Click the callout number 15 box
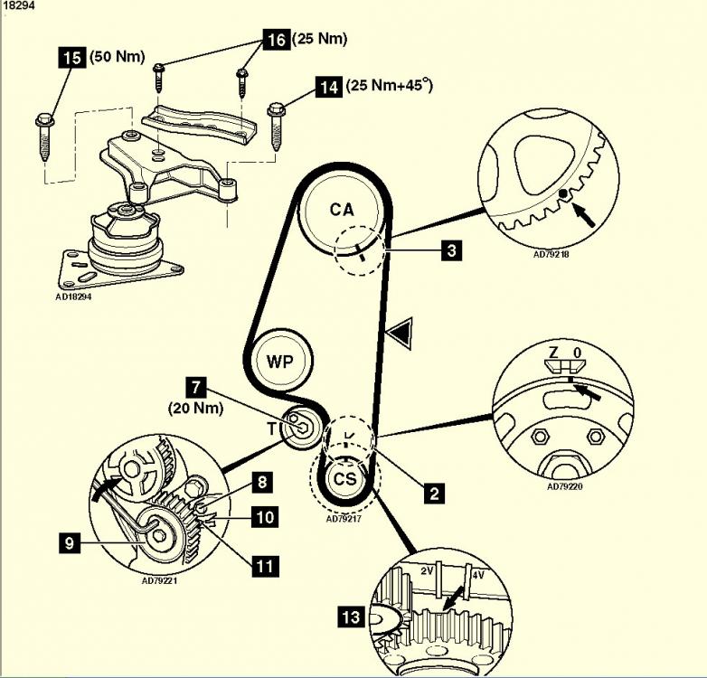tap(72, 57)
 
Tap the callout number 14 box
tap(329, 86)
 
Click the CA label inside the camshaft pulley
tap(342, 210)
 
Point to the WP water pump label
tap(279, 361)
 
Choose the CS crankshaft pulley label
tap(345, 478)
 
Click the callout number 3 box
tap(451, 250)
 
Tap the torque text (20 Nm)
tap(195, 409)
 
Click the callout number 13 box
tap(352, 617)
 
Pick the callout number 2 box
tap(434, 493)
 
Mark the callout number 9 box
tap(70, 542)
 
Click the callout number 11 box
tap(265, 566)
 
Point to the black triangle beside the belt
tap(402, 334)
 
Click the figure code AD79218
tap(551, 254)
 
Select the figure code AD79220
tap(564, 486)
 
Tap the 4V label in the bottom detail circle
tap(478, 575)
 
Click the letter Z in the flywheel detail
tap(553, 352)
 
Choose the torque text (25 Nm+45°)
tap(390, 85)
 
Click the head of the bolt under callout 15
tap(44, 120)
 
